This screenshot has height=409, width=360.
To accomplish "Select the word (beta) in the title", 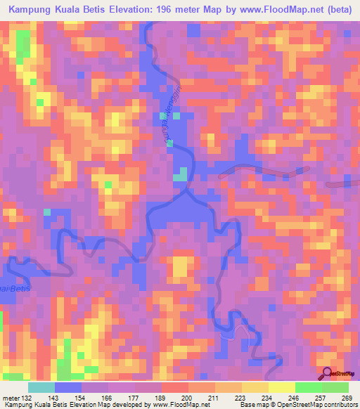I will (338, 11).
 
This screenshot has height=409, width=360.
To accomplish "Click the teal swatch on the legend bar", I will (41, 388).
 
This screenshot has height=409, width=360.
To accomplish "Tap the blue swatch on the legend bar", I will (69, 388).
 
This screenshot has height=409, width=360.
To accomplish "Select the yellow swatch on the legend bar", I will (281, 388).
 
